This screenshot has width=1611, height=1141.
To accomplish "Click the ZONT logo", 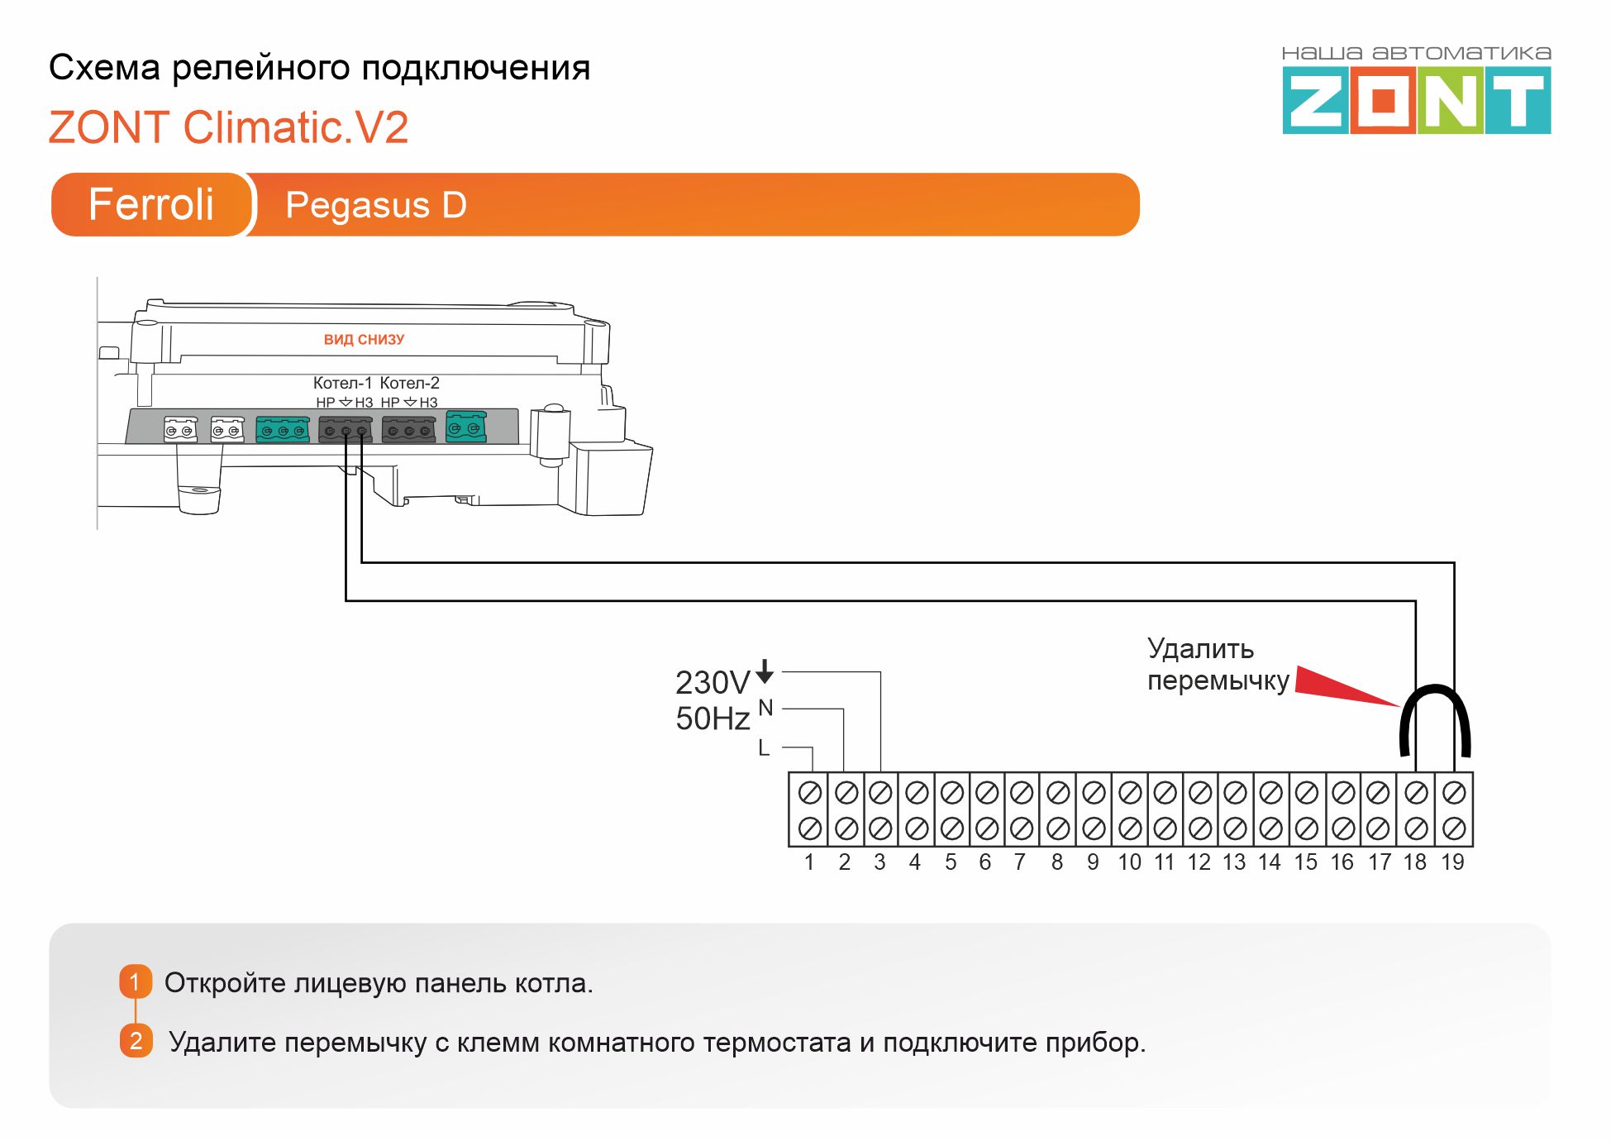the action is click(1416, 90).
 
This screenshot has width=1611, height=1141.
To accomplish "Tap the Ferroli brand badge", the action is click(150, 204).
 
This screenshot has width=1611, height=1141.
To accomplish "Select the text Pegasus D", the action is click(376, 205).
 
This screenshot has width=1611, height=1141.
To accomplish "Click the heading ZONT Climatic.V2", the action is click(228, 127).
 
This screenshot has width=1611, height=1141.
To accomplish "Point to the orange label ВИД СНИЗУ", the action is click(364, 339).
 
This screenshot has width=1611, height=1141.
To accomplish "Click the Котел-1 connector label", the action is click(342, 383).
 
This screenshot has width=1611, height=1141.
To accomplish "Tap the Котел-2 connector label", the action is click(409, 383).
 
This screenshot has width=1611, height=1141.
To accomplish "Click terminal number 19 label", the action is click(1452, 862).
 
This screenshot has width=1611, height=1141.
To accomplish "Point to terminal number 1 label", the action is click(809, 862).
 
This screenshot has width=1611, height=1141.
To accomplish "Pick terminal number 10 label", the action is click(1129, 862).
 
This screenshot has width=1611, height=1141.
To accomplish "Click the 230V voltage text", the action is click(713, 683).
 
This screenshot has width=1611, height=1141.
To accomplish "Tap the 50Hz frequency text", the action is click(713, 718).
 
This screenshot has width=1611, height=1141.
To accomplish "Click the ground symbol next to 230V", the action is click(765, 671).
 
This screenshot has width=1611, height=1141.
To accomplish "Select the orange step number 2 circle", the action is click(136, 1041).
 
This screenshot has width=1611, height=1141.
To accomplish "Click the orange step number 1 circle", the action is click(136, 982).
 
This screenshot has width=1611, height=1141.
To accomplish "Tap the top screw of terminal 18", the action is click(1416, 793).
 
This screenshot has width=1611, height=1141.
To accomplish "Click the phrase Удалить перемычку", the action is click(1218, 664).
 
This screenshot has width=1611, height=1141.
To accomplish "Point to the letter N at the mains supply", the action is click(765, 708).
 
